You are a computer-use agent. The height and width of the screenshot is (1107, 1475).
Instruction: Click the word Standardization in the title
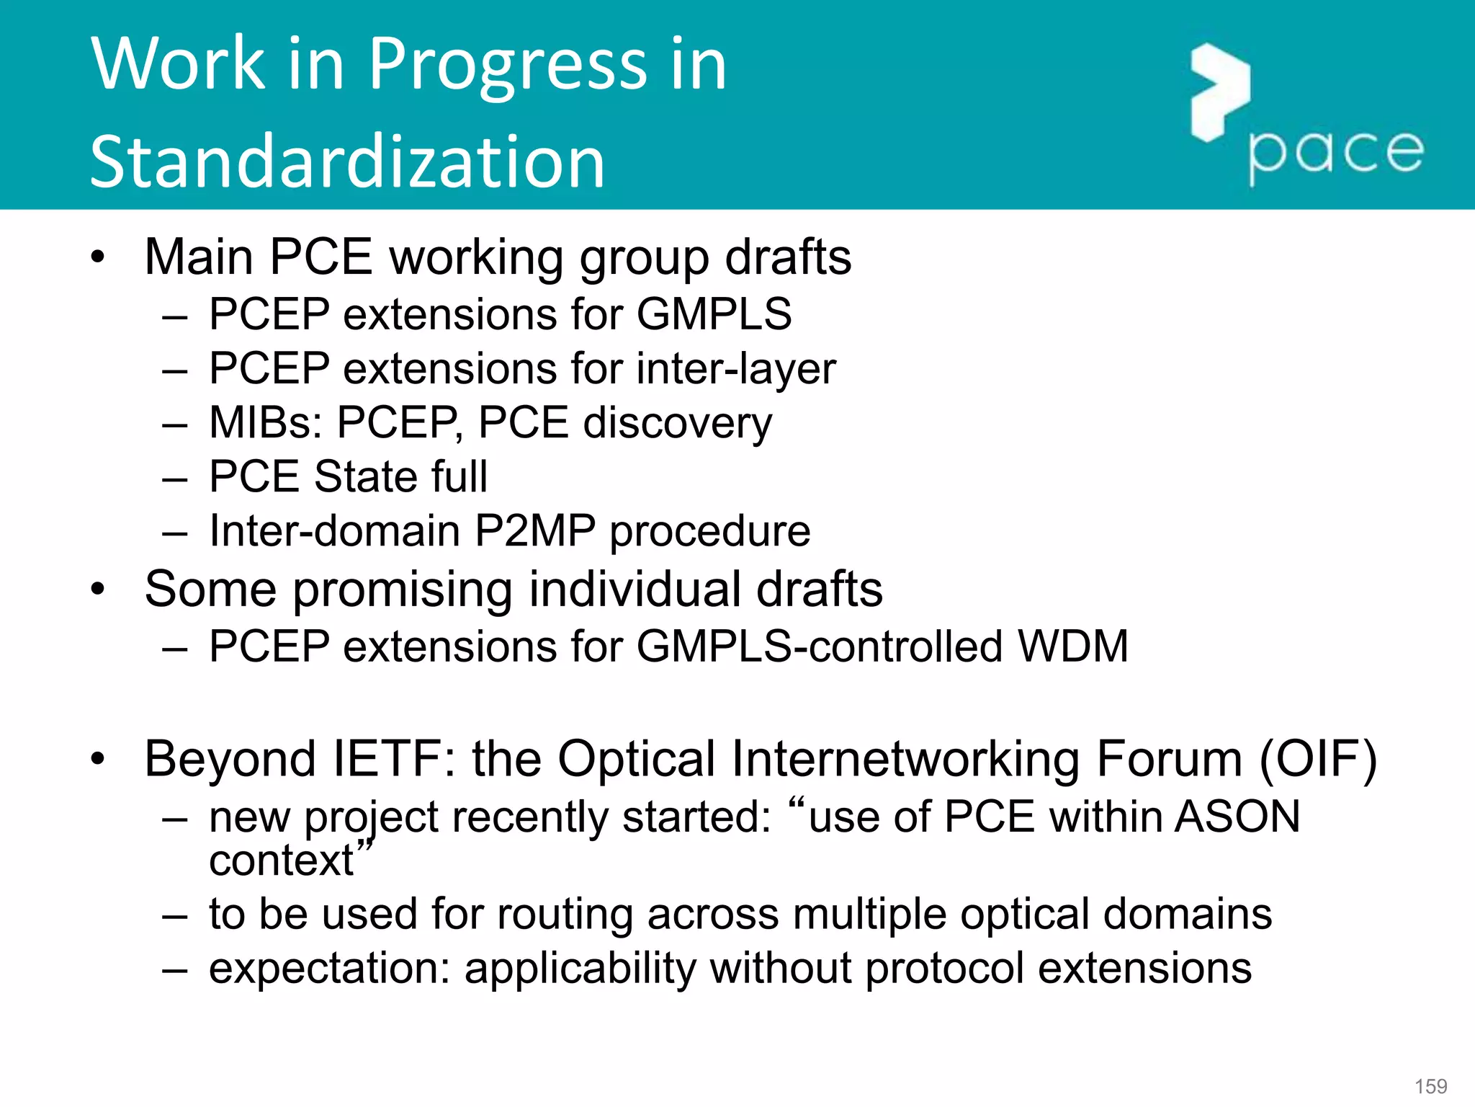pos(347,163)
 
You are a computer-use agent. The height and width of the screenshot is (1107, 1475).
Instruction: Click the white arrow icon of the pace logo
pos(1220,92)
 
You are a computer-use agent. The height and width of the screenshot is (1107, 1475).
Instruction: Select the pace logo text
pos(1335,153)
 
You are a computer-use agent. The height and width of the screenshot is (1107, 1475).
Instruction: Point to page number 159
pos(1430,1086)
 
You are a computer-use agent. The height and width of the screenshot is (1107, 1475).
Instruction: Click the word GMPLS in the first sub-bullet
pos(714,314)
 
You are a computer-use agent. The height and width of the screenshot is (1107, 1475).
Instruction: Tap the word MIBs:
pos(266,422)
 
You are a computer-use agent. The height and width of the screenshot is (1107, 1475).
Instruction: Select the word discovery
pos(677,423)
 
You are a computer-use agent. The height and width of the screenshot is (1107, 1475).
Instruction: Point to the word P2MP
pos(534,531)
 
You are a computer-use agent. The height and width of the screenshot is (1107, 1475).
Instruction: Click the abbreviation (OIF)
pos(1317,759)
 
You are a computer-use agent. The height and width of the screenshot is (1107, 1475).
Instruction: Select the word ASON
pos(1237,817)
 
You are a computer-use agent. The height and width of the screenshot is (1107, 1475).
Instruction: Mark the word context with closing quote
pos(290,859)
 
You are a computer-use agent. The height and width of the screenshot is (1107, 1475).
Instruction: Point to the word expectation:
pos(329,968)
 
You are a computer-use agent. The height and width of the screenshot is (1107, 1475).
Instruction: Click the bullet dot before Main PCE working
pos(98,257)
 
